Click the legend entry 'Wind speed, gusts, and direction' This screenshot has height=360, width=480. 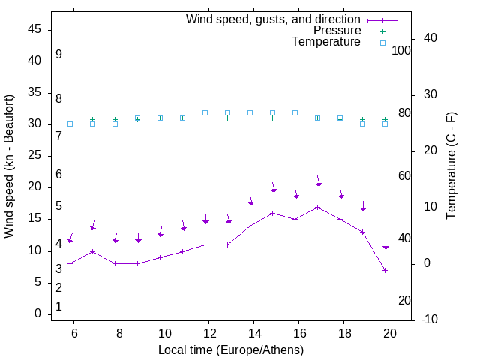(x=273, y=19)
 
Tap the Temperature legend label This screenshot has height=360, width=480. (x=326, y=42)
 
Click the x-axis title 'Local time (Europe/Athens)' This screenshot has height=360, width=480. (x=231, y=350)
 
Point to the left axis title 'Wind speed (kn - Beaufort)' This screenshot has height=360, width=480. (x=10, y=166)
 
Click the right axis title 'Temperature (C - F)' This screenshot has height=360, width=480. (x=451, y=166)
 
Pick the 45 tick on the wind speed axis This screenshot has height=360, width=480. (x=34, y=30)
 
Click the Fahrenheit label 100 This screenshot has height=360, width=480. (x=402, y=51)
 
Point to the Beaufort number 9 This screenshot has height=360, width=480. (x=58, y=55)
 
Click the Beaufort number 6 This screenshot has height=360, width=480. (x=58, y=174)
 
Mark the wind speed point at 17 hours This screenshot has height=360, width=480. (x=318, y=207)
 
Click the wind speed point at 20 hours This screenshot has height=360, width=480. (x=385, y=270)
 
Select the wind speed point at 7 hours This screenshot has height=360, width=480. (x=92, y=251)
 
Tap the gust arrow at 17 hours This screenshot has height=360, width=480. (x=319, y=182)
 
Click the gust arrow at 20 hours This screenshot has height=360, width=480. (x=385, y=244)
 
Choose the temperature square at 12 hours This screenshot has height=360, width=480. (x=205, y=113)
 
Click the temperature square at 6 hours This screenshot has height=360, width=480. (x=70, y=124)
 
